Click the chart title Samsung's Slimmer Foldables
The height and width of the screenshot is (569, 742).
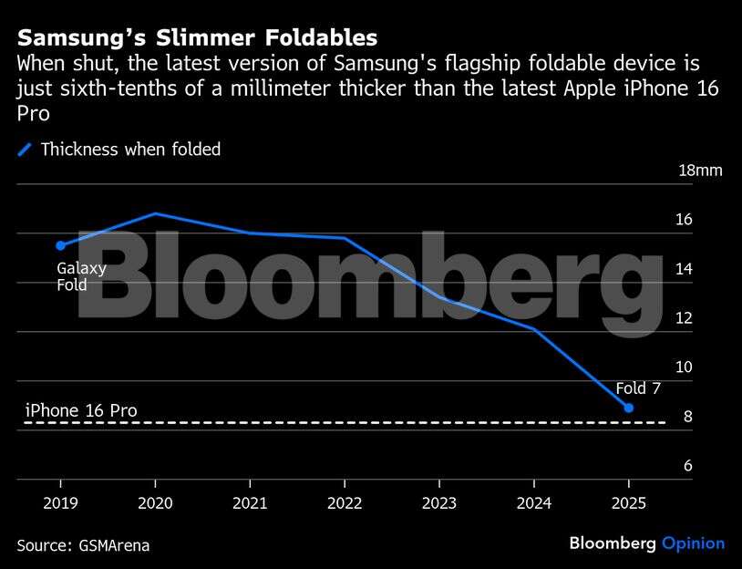click(198, 38)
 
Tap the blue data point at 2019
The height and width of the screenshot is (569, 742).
click(60, 245)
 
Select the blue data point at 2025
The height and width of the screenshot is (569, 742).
click(629, 408)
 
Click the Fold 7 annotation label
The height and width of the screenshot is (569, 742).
click(638, 388)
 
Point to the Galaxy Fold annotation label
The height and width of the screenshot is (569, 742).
click(81, 276)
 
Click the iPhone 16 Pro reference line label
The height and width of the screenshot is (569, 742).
click(81, 410)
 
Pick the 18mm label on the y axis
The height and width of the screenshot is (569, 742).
click(700, 171)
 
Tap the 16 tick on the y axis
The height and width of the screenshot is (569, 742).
click(684, 220)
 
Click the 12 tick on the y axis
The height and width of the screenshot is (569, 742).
click(684, 318)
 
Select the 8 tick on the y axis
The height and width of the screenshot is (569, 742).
click(688, 417)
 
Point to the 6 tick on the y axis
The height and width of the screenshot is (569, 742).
click(688, 466)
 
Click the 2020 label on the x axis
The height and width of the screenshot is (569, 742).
click(155, 502)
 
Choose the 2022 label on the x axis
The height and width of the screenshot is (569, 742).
click(345, 502)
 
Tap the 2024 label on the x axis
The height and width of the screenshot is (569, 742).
click(534, 502)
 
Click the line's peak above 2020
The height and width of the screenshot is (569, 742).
click(156, 213)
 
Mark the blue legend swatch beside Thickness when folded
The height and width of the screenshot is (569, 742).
click(26, 150)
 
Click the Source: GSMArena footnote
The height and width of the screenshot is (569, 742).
click(83, 545)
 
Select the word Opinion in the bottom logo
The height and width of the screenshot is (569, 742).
click(693, 543)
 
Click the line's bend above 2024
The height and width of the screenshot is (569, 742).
click(534, 328)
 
